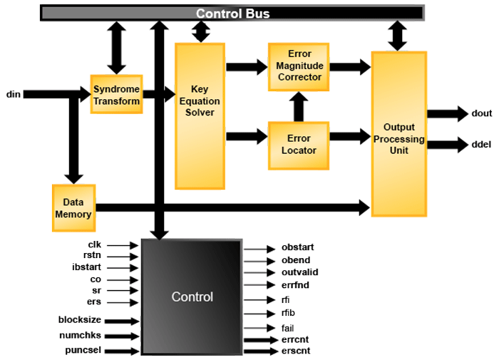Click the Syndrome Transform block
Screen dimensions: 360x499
pyautogui.click(x=116, y=94)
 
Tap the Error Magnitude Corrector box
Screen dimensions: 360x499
pyautogui.click(x=299, y=66)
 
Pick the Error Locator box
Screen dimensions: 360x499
pyautogui.click(x=299, y=145)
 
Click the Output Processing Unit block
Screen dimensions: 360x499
pyautogui.click(x=399, y=133)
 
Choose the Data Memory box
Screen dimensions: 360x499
pyautogui.click(x=73, y=208)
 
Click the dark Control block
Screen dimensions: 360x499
pyautogui.click(x=192, y=297)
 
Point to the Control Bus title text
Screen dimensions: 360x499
pyautogui.click(x=231, y=14)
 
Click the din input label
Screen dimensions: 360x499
pyautogui.click(x=13, y=94)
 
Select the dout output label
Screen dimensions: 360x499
pyautogui.click(x=482, y=113)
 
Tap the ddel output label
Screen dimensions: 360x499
pyautogui.click(x=482, y=145)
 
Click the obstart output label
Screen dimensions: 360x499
pyautogui.click(x=298, y=247)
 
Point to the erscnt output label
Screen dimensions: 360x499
pyautogui.click(x=296, y=351)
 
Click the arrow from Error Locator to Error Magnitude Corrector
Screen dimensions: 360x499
pyautogui.click(x=299, y=106)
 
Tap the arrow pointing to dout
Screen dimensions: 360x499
pyautogui.click(x=447, y=113)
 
